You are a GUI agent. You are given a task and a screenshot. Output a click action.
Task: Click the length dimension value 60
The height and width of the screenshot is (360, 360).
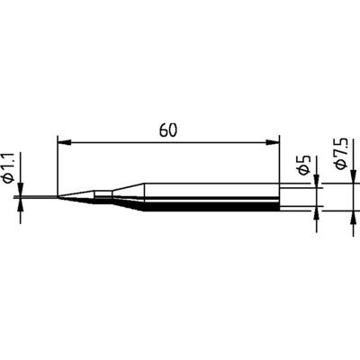[168, 130]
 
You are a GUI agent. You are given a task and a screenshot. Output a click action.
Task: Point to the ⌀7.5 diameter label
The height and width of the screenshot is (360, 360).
[340, 157]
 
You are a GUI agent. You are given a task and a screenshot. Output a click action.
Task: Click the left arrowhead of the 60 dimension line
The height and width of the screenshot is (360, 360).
[62, 140]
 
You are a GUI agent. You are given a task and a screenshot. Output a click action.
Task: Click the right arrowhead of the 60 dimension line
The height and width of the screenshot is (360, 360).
[274, 140]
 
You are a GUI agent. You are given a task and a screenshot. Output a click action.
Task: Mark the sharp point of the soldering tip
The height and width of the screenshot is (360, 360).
[27, 197]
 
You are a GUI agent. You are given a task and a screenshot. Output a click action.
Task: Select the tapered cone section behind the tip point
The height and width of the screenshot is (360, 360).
[76, 196]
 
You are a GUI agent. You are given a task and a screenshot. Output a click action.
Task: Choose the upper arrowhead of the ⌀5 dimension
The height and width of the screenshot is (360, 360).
[316, 184]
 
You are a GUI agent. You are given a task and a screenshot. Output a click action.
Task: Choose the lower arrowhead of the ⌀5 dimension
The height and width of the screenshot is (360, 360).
[316, 211]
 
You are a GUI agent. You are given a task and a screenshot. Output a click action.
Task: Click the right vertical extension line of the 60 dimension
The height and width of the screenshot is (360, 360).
[280, 162]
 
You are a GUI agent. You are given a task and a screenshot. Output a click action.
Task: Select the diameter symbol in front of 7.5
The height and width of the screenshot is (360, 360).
[340, 172]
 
